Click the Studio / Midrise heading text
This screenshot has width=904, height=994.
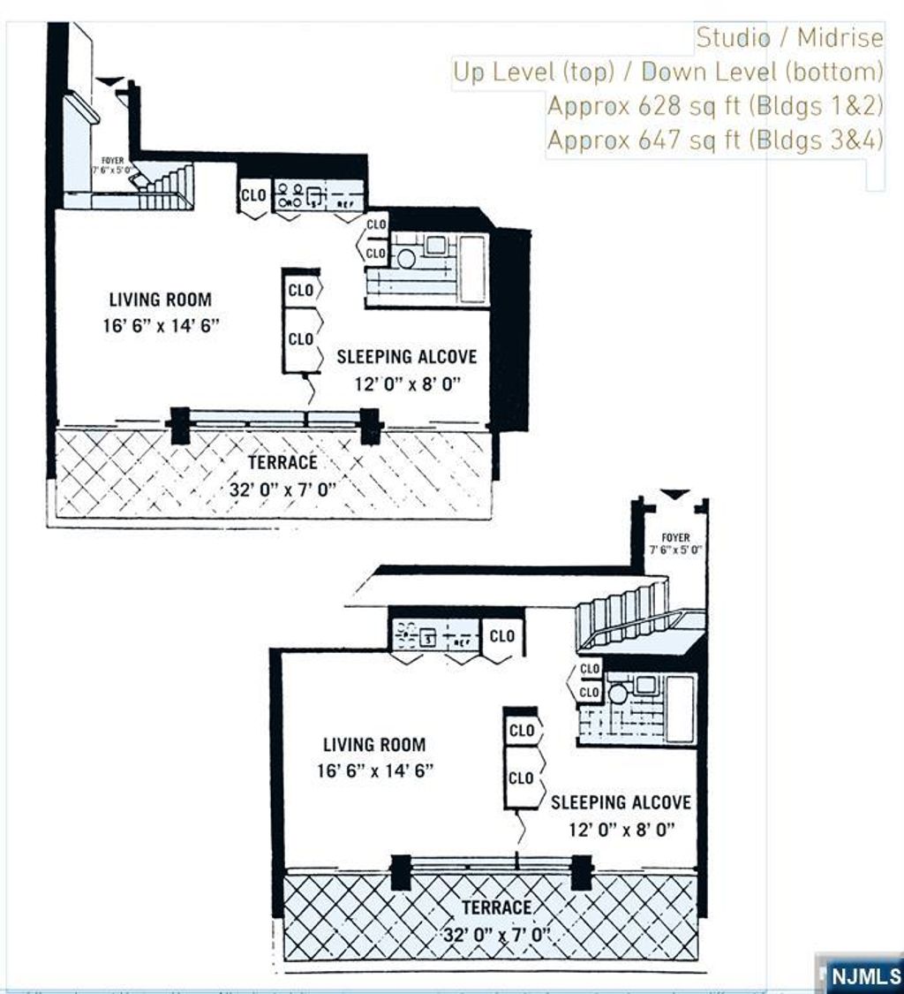pyautogui.click(x=788, y=38)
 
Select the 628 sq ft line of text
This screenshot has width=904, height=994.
pyautogui.click(x=714, y=105)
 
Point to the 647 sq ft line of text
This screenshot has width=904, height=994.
pyautogui.click(x=714, y=140)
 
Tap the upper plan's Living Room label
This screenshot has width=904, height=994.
pyautogui.click(x=160, y=300)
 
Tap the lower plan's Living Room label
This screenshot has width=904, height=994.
pyautogui.click(x=373, y=745)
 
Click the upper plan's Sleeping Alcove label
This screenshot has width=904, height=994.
pyautogui.click(x=406, y=357)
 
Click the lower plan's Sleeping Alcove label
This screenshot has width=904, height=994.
pyautogui.click(x=621, y=802)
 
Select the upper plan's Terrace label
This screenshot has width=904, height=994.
pyautogui.click(x=282, y=462)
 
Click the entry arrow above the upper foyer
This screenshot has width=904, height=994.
pyautogui.click(x=109, y=81)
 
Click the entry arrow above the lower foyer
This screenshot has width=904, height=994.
pyautogui.click(x=674, y=494)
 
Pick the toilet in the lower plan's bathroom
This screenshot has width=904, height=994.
pyautogui.click(x=618, y=694)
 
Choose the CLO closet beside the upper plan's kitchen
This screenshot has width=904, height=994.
pyautogui.click(x=253, y=196)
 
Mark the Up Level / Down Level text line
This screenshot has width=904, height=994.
pyautogui.click(x=667, y=72)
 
